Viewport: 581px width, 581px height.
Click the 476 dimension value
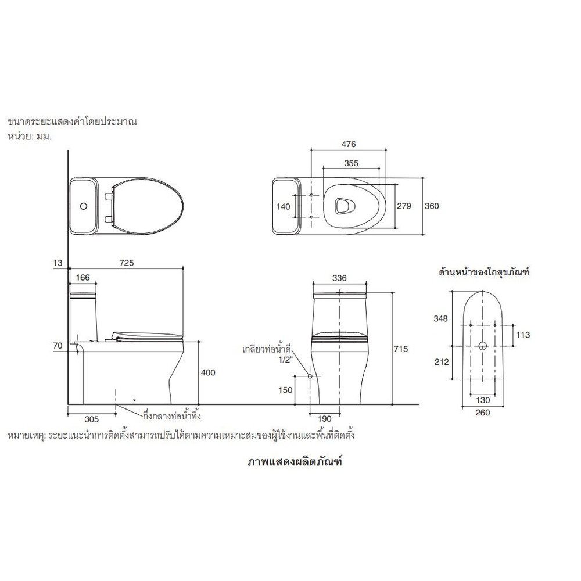pyautogui.click(x=348, y=144)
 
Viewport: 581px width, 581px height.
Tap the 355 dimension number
pyautogui.click(x=351, y=163)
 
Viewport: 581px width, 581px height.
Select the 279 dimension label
pyautogui.click(x=404, y=206)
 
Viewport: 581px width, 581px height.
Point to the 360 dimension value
pyautogui.click(x=431, y=206)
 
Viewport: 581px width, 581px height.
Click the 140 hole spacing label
pyautogui.click(x=283, y=206)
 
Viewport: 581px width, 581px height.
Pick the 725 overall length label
pyautogui.click(x=126, y=263)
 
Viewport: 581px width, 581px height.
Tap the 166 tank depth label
pyautogui.click(x=83, y=278)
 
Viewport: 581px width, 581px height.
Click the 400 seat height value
pyautogui.click(x=207, y=372)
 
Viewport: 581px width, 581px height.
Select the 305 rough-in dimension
pyautogui.click(x=92, y=419)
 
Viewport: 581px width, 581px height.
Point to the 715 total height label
pyautogui.click(x=400, y=349)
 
